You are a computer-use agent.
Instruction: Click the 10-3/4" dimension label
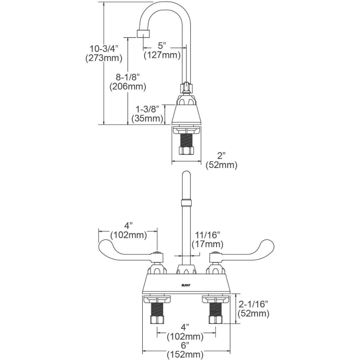pos(104,49)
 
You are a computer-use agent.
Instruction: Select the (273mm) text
pos(104,58)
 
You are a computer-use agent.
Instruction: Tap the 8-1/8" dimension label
pos(127,76)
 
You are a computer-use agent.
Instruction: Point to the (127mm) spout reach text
pos(162,55)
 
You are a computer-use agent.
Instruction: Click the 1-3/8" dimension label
pos(148,109)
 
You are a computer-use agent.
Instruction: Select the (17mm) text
pos(207,244)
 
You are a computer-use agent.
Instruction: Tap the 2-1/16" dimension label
pos(253,304)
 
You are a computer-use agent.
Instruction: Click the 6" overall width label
pos(185,345)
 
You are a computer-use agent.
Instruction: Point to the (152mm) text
pos(185,354)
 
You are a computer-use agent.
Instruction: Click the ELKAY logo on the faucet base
pos(185,285)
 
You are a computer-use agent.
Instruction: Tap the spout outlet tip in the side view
pos(143,33)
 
